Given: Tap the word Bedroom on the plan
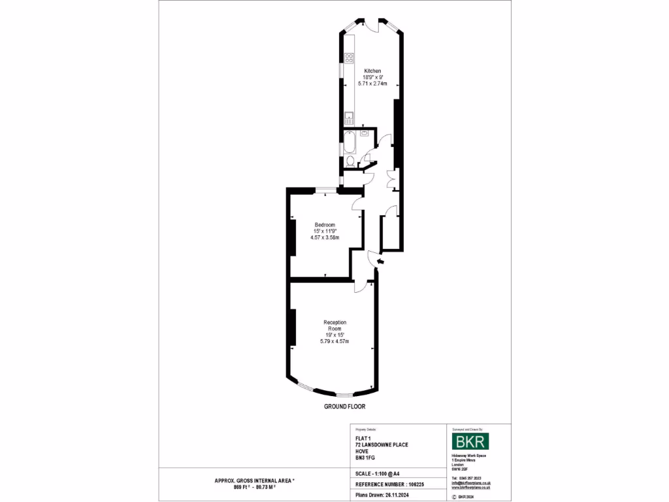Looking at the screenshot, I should click(325, 224).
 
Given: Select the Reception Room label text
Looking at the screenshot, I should click(334, 326).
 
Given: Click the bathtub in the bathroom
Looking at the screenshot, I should click(349, 142).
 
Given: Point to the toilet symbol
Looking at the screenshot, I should click(351, 161).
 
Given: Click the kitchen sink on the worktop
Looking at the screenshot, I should click(349, 118).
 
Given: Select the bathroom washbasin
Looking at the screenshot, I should click(363, 133).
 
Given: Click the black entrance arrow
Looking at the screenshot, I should click(381, 263).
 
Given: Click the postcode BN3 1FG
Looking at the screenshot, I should click(365, 458).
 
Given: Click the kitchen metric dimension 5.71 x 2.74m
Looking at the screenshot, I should click(372, 84).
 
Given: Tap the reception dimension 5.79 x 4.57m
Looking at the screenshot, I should click(334, 342).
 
